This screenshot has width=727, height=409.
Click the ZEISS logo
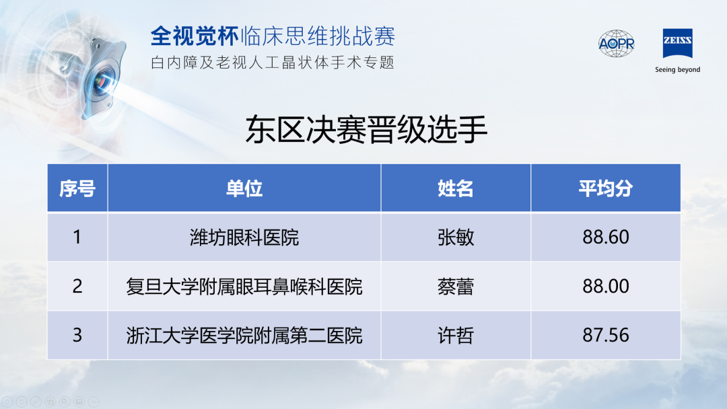point(677,43)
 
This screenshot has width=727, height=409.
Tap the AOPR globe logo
point(616,44)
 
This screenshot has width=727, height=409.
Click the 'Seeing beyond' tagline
point(677,70)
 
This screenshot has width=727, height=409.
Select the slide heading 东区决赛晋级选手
point(366,130)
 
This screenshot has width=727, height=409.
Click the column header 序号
point(77,188)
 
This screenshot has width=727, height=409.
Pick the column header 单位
point(244,188)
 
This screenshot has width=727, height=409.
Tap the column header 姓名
point(456,188)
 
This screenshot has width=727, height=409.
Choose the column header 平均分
point(606,188)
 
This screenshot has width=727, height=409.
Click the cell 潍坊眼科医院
point(244,237)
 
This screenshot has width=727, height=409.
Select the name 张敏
point(456,237)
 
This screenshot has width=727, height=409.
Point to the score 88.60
point(606,237)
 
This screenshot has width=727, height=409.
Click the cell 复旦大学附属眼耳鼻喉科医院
point(244,287)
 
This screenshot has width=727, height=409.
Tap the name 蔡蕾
point(456,287)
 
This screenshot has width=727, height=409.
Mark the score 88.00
point(606,287)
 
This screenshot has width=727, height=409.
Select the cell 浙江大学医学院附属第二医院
point(244,336)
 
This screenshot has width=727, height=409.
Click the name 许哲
point(456,336)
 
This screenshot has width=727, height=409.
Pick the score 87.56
point(606,336)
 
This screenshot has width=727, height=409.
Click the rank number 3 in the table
point(77,336)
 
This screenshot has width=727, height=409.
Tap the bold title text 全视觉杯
point(195,36)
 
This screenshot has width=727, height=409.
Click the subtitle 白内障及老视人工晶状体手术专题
point(273,63)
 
